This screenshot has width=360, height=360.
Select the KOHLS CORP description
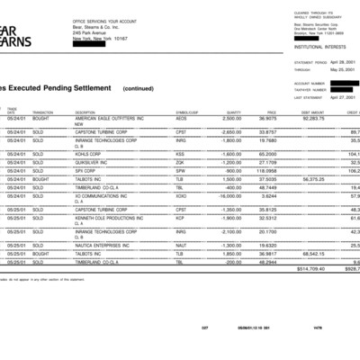point(91,154)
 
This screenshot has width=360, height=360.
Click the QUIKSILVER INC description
point(92,162)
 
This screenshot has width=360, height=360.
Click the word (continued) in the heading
point(138,88)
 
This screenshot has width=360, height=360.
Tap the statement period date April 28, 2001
point(341,63)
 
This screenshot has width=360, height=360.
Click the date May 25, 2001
point(341,69)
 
